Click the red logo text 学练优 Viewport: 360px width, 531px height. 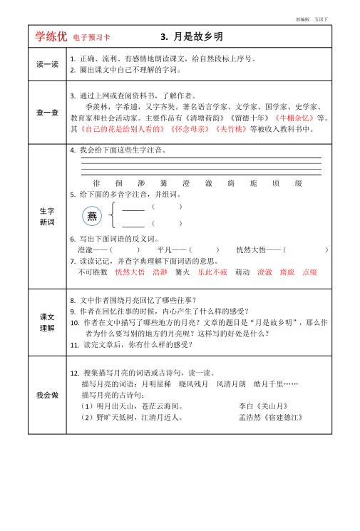coord(51,37)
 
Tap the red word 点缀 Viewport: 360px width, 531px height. coord(309,272)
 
